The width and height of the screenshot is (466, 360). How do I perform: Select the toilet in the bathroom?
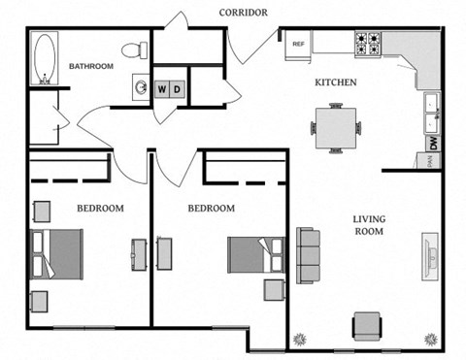click(134, 49)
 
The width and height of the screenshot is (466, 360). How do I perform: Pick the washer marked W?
click(162, 89)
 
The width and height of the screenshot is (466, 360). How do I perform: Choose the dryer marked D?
click(178, 89)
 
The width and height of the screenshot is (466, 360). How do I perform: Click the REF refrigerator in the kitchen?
click(298, 43)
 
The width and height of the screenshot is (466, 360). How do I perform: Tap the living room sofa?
click(310, 254)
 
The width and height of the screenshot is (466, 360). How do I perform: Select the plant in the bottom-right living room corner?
click(428, 338)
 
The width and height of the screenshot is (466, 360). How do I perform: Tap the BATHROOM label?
click(90, 66)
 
